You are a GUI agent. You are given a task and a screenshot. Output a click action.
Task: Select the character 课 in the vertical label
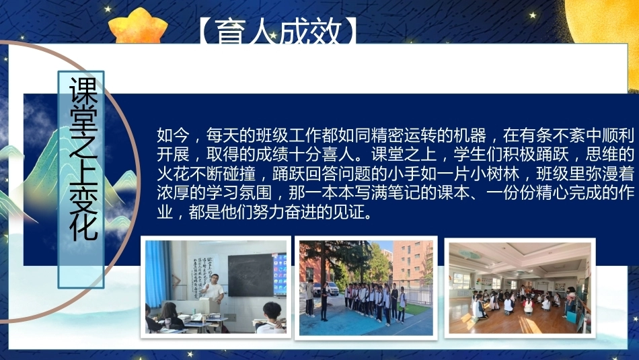click(83, 91)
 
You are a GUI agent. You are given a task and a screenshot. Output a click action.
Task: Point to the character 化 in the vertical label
click(83, 225)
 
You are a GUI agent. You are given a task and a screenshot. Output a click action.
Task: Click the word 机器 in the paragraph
click(470, 135)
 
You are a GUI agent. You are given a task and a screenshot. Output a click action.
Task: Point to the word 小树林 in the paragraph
click(495, 174)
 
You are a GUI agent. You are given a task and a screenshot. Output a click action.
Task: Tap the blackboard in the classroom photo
click(250, 275)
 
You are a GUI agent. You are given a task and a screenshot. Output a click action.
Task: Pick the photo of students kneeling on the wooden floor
click(519, 288)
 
